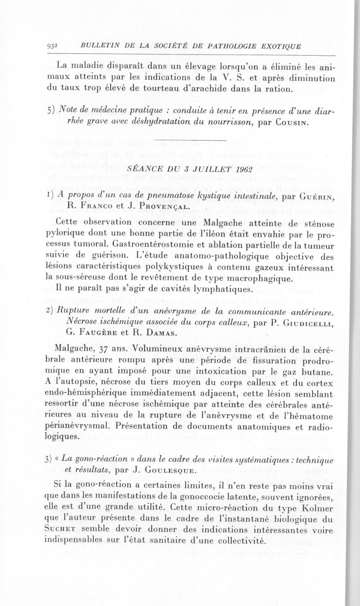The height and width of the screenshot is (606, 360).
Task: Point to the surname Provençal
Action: [x=152, y=207]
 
